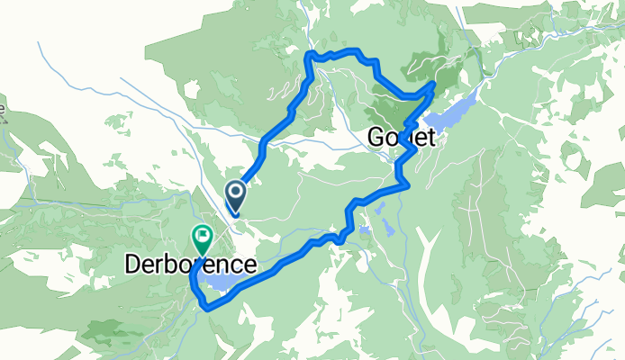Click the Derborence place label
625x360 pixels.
tap(189, 265)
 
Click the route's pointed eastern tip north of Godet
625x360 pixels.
tap(434, 85)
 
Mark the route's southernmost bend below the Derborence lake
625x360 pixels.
tap(208, 307)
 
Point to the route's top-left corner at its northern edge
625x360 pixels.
tap(312, 56)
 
